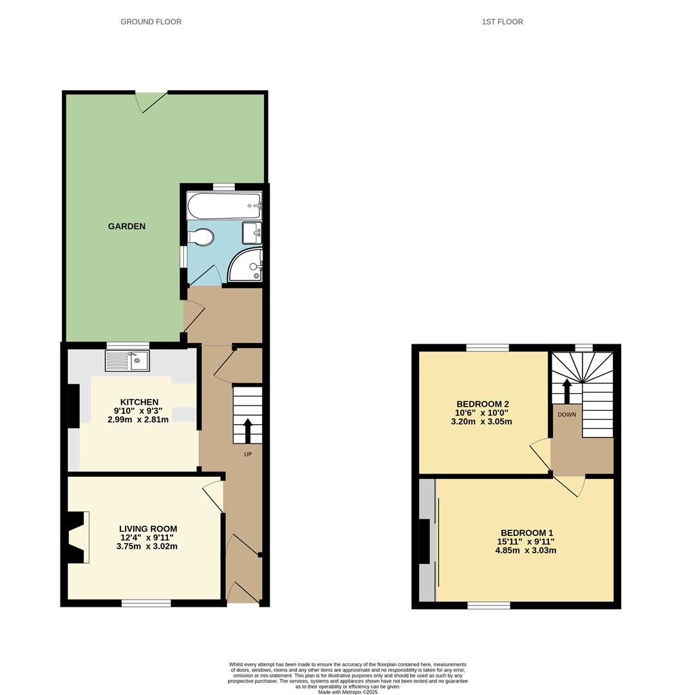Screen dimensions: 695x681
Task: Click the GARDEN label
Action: pos(126,227)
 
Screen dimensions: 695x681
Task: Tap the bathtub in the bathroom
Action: pos(223,206)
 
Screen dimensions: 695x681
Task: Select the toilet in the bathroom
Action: pos(201,237)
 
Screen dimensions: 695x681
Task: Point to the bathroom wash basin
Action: pos(252,232)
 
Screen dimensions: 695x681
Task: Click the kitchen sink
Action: pos(127,360)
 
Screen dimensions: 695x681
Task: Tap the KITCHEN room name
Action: pos(139,402)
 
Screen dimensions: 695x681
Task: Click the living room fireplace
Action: pos(77,537)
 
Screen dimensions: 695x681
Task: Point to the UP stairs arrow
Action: pos(248,431)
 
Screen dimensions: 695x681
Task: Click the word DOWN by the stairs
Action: pos(567,414)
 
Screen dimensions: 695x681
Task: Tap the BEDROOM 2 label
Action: pos(483,404)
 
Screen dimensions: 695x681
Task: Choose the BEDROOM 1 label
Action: pos(527,533)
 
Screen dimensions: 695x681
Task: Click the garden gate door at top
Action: pos(152,101)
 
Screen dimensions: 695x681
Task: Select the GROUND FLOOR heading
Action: pos(151,22)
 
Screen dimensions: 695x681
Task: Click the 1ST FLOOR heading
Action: pos(502,22)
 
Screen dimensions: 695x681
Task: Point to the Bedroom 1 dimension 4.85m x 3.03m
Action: pos(527,550)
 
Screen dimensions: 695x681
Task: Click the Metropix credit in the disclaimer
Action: pos(348,692)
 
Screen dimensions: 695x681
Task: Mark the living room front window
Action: pos(146,603)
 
